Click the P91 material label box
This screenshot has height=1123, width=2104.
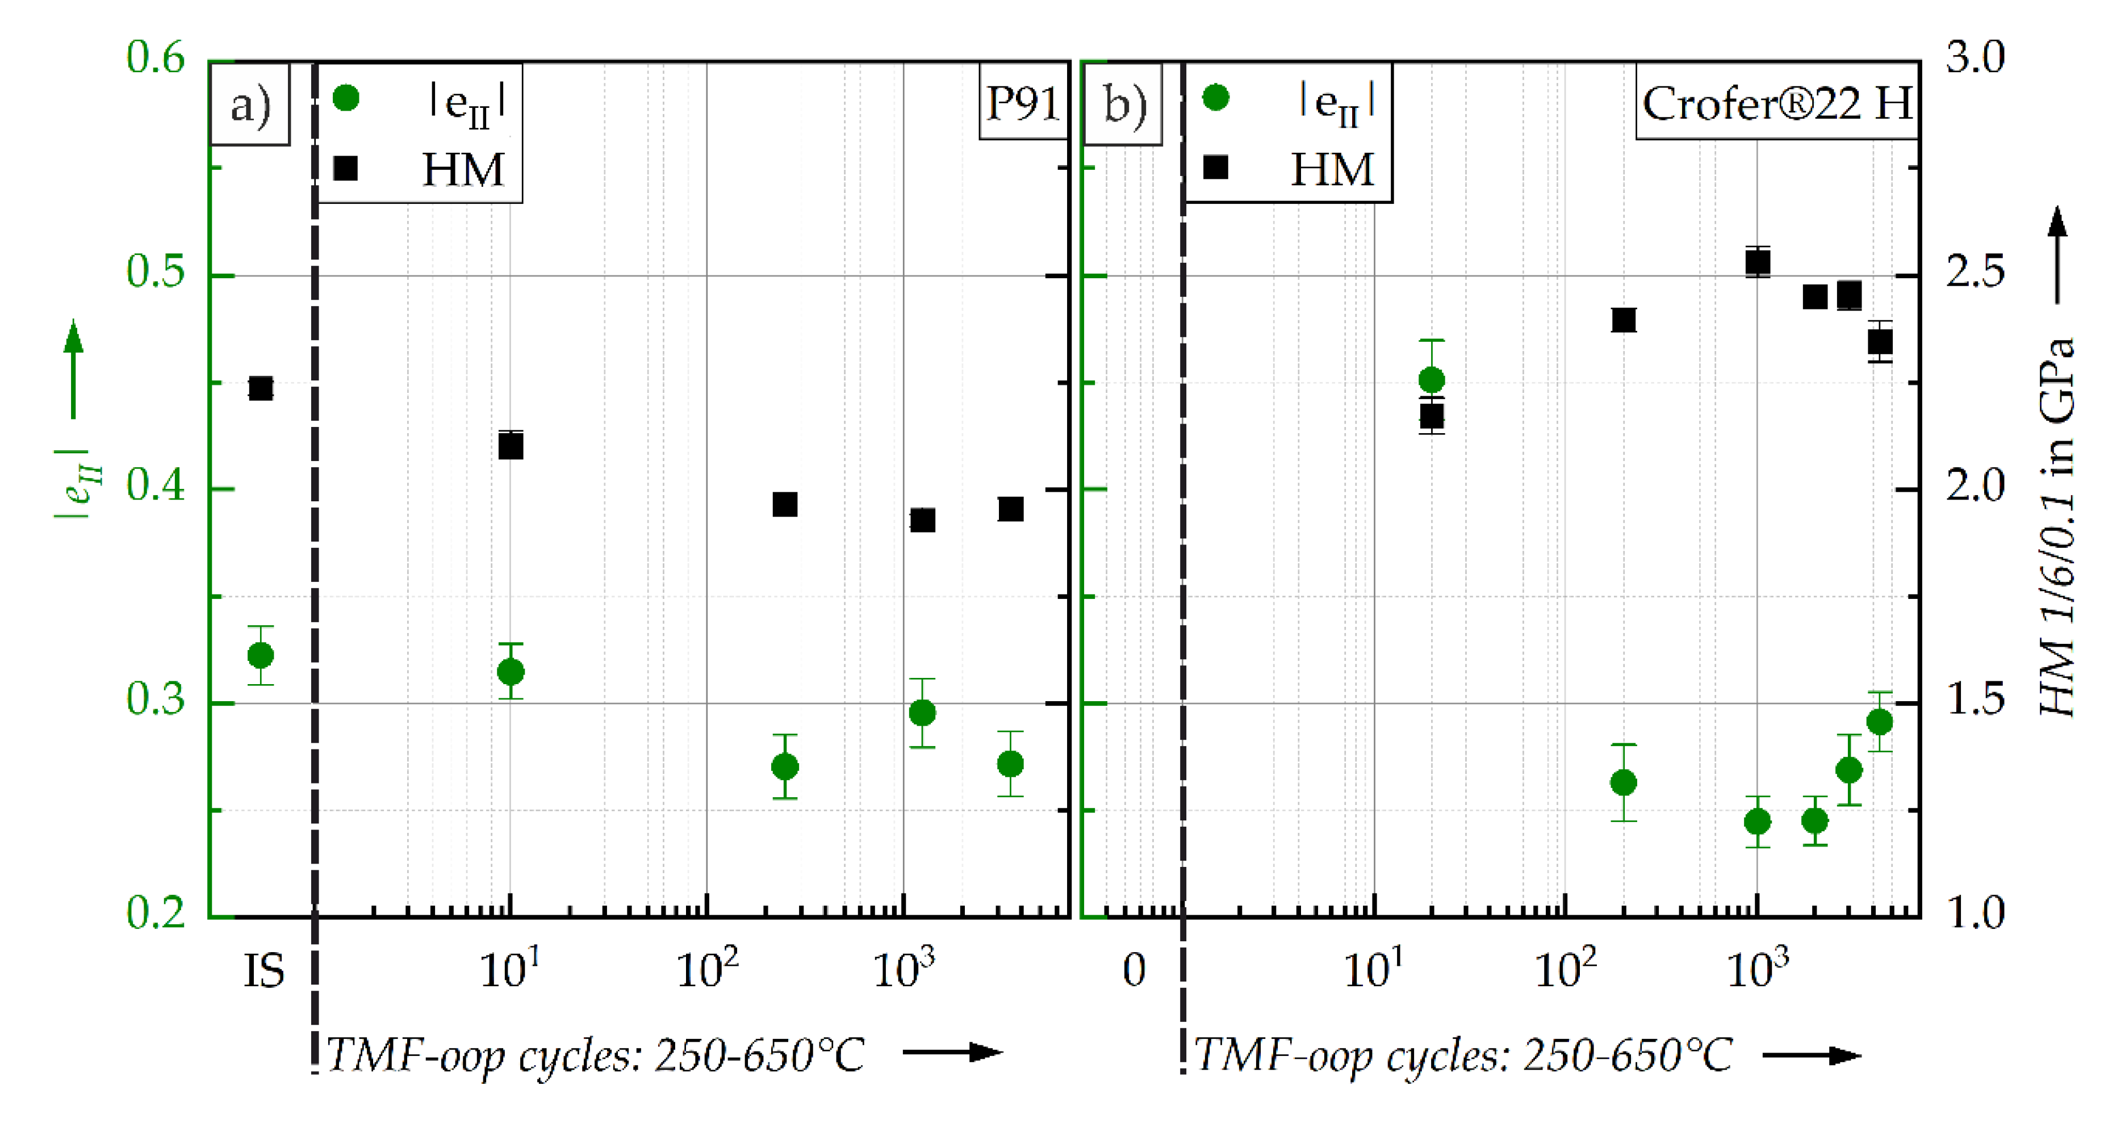tap(1023, 103)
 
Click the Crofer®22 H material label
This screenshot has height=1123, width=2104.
tap(1776, 103)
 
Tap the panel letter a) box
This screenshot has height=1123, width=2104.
tap(250, 104)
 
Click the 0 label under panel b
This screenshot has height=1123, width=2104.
tap(1133, 970)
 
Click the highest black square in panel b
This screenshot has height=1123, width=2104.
tap(1758, 263)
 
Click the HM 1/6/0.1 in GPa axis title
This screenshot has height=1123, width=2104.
tap(2057, 527)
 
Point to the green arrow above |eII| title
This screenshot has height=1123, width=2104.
tap(73, 367)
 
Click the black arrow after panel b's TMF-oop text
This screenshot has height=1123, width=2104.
tap(1811, 1055)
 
